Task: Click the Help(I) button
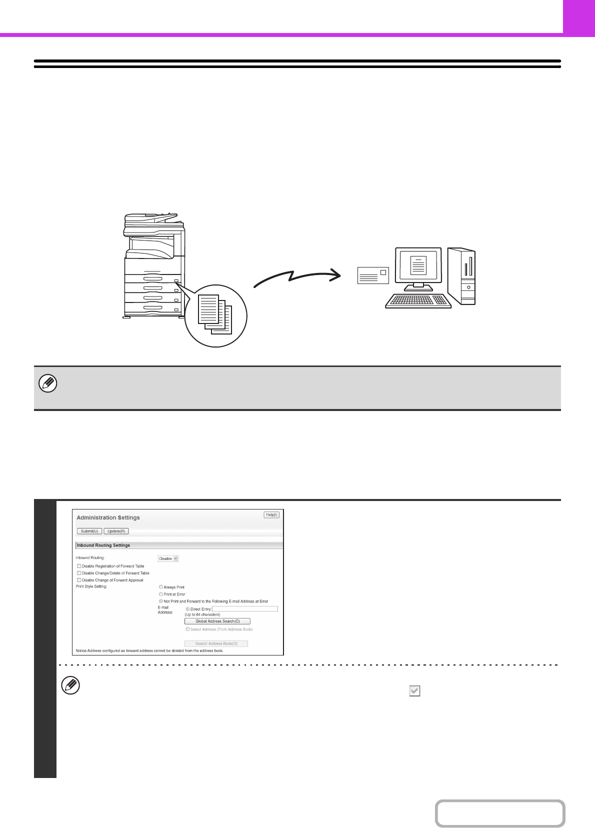[x=271, y=514]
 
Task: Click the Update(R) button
[x=116, y=531]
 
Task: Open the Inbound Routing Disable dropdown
[x=168, y=558]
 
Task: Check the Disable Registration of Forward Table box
[x=79, y=566]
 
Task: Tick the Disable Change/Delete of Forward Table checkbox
[x=79, y=573]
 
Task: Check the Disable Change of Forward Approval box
[x=79, y=580]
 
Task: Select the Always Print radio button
[x=161, y=587]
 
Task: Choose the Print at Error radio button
[x=161, y=594]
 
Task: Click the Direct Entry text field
[x=244, y=609]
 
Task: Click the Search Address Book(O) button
[x=216, y=643]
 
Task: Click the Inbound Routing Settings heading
[x=103, y=545]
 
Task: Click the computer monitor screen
[x=418, y=264]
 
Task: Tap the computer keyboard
[x=418, y=300]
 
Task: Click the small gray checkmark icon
[x=414, y=691]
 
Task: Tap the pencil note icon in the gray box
[x=48, y=384]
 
